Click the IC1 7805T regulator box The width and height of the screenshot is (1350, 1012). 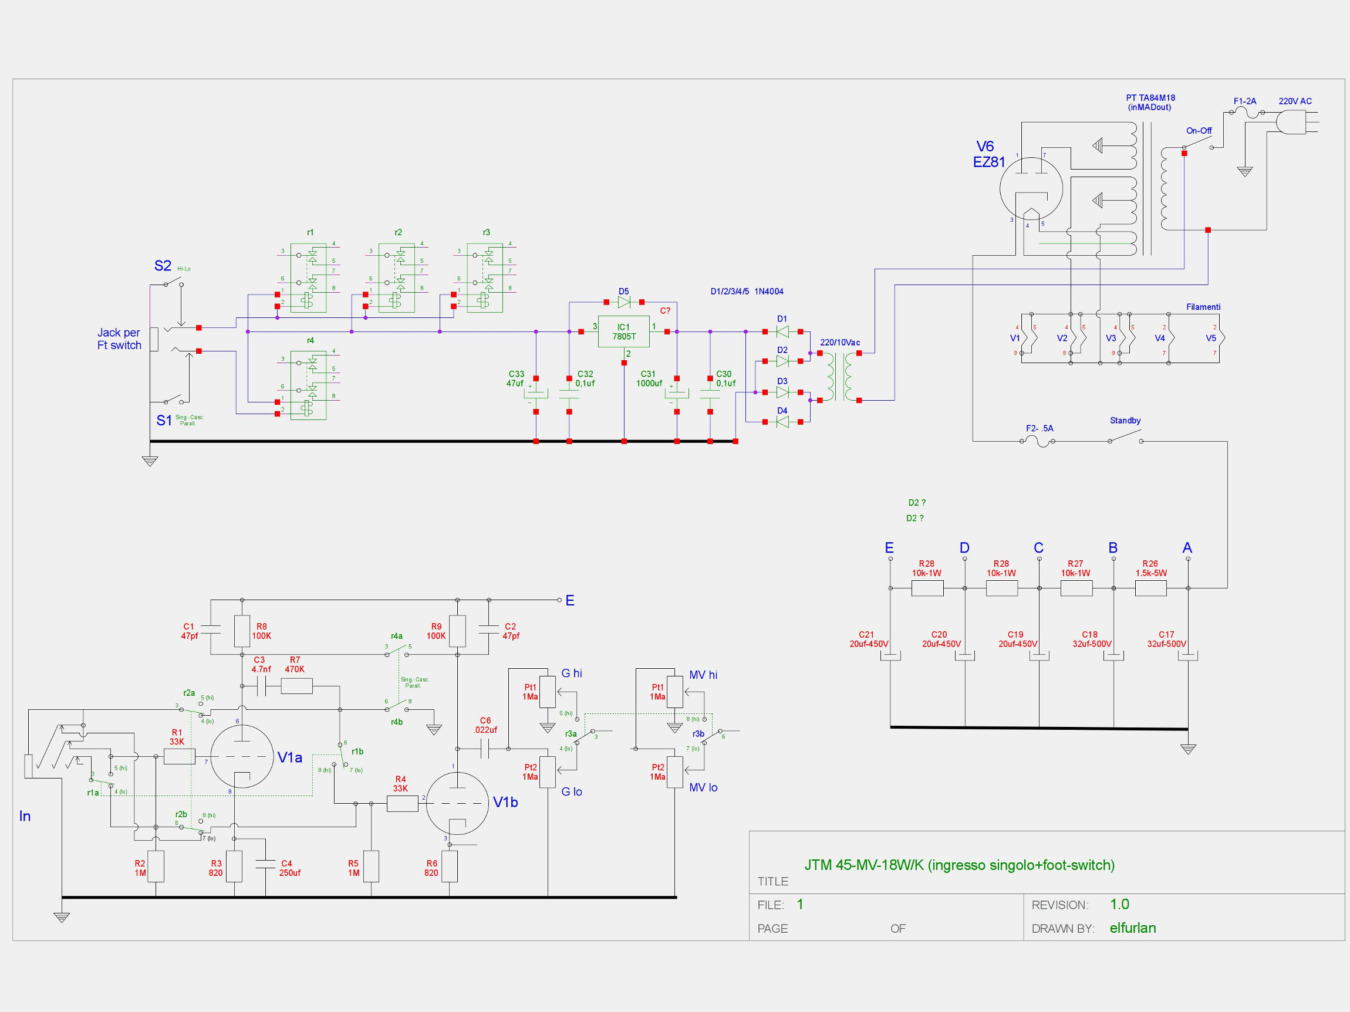pos(623,331)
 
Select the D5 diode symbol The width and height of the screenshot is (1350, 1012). pos(624,302)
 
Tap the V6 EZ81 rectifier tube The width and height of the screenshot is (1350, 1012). pos(1031,188)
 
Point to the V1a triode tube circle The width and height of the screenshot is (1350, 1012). pos(242,757)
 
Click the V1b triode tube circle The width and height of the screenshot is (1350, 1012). pos(457,803)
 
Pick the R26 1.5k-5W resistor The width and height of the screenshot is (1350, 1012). pos(1150,588)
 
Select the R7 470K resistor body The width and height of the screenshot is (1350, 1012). pos(296,687)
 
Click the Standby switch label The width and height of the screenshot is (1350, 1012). pos(1125,420)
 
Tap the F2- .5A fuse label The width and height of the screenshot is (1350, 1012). pos(1039,428)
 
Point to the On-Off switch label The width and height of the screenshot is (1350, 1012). pos(1199,131)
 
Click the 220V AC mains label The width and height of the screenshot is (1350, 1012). pos(1295,101)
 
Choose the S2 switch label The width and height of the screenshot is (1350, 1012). pos(163,265)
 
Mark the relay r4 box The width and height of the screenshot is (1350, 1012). pos(308,385)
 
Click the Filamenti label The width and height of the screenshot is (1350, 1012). pos(1203,307)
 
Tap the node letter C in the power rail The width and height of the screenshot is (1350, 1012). pos(1038,548)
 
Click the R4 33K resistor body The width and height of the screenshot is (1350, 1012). pos(402,803)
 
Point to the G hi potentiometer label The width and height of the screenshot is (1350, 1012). pos(571,673)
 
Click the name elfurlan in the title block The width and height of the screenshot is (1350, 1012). pos(1132,928)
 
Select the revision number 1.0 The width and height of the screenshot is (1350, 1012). pos(1119,904)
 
